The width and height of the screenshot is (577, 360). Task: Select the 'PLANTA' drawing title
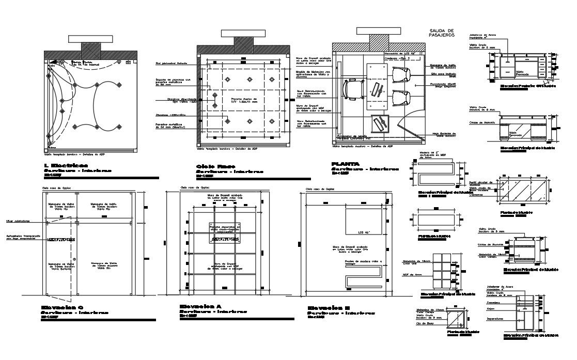pyautogui.click(x=346, y=164)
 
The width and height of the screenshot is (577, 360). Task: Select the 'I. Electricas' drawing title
pyautogui.click(x=66, y=165)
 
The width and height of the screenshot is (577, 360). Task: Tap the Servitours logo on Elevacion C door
pyautogui.click(x=61, y=240)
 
